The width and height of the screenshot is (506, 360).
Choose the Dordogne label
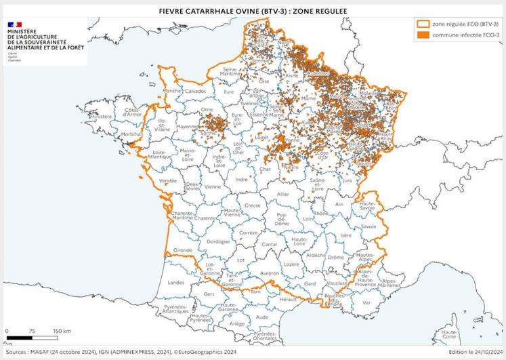click(x=219, y=241)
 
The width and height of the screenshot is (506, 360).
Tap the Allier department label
click(x=282, y=195)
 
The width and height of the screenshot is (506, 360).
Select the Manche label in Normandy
click(x=173, y=90)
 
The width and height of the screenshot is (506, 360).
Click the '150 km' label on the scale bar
click(x=62, y=332)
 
